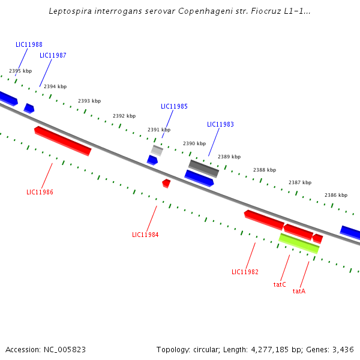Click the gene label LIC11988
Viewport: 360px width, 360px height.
click(29, 44)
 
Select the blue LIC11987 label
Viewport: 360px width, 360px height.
click(53, 55)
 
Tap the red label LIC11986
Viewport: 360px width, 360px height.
click(40, 192)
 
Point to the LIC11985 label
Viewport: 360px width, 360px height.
click(174, 106)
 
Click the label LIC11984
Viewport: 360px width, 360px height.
click(145, 235)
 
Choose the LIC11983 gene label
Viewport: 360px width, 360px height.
click(220, 124)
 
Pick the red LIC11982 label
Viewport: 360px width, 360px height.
click(245, 272)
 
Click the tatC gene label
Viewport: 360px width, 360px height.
click(280, 284)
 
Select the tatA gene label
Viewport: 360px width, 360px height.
click(299, 291)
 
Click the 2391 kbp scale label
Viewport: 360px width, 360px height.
click(159, 130)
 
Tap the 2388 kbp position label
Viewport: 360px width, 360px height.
click(265, 170)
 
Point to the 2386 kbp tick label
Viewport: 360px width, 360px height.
click(336, 195)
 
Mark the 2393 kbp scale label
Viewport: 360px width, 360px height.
click(89, 101)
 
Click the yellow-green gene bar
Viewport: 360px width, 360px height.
click(299, 243)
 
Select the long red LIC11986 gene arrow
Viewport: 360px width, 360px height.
click(63, 140)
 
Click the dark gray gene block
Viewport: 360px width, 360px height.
click(203, 168)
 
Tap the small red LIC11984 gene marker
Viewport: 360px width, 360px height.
click(166, 182)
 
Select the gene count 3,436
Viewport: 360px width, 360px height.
click(342, 349)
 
